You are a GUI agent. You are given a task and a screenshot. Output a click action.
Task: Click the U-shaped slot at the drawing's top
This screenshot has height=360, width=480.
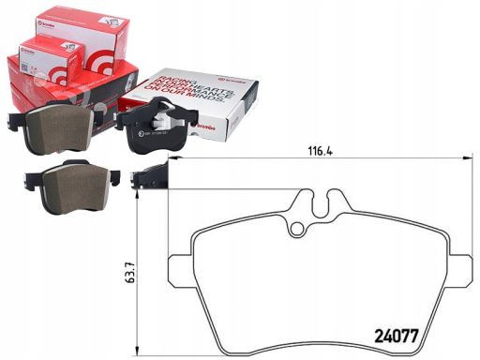pos(315,199)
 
